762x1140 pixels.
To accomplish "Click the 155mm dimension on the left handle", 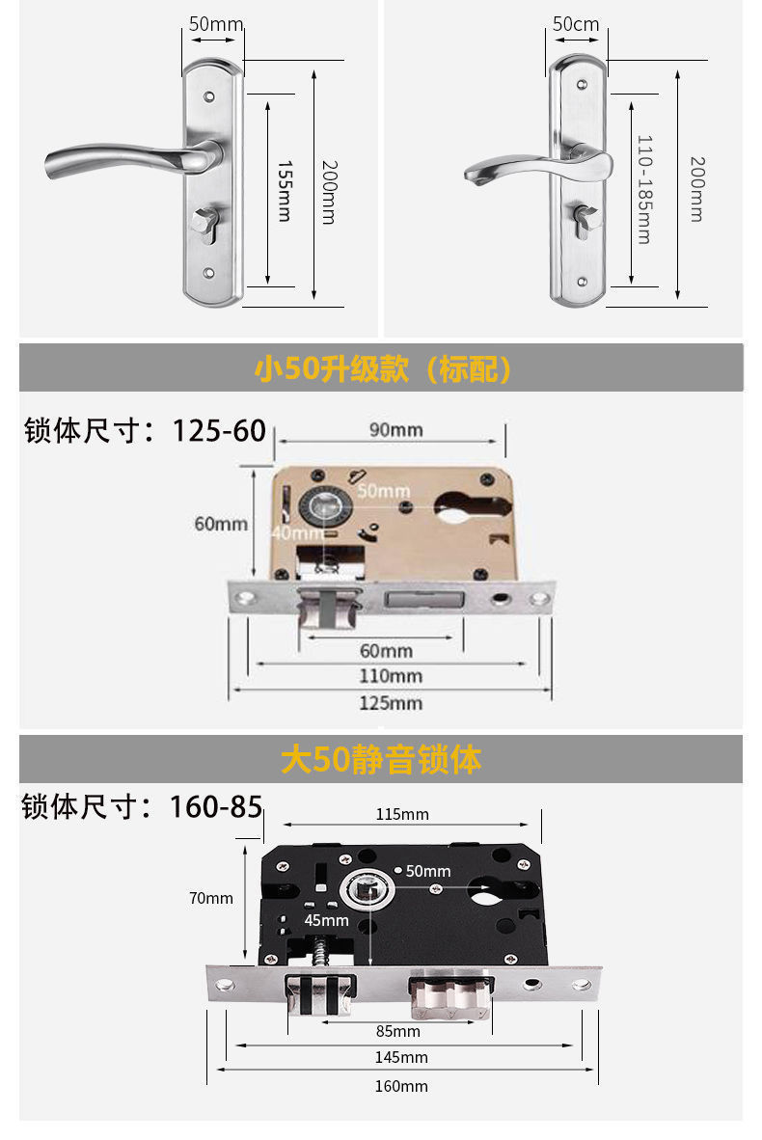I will pyautogui.click(x=284, y=191).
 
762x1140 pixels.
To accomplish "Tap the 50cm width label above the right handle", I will pyautogui.click(x=576, y=24).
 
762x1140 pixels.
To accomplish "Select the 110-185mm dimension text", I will pyautogui.click(x=643, y=189).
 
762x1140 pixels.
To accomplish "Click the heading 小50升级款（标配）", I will pyautogui.click(x=382, y=368).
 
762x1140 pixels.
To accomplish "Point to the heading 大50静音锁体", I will pyautogui.click(x=381, y=760).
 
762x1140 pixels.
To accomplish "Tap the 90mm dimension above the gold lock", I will pyautogui.click(x=395, y=430).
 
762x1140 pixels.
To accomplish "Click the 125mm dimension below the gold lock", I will pyautogui.click(x=391, y=703).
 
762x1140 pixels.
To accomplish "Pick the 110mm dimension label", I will pyautogui.click(x=391, y=676).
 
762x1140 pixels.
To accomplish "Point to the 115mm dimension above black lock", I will pyautogui.click(x=402, y=814).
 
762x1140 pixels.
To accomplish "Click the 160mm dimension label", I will pyautogui.click(x=401, y=1086).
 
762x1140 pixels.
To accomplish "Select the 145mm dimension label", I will pyautogui.click(x=401, y=1057).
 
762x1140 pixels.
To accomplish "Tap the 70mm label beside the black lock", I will pyautogui.click(x=210, y=898).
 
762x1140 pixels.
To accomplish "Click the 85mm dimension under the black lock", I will pyautogui.click(x=397, y=1030).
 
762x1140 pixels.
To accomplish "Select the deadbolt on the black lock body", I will pyautogui.click(x=450, y=994).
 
